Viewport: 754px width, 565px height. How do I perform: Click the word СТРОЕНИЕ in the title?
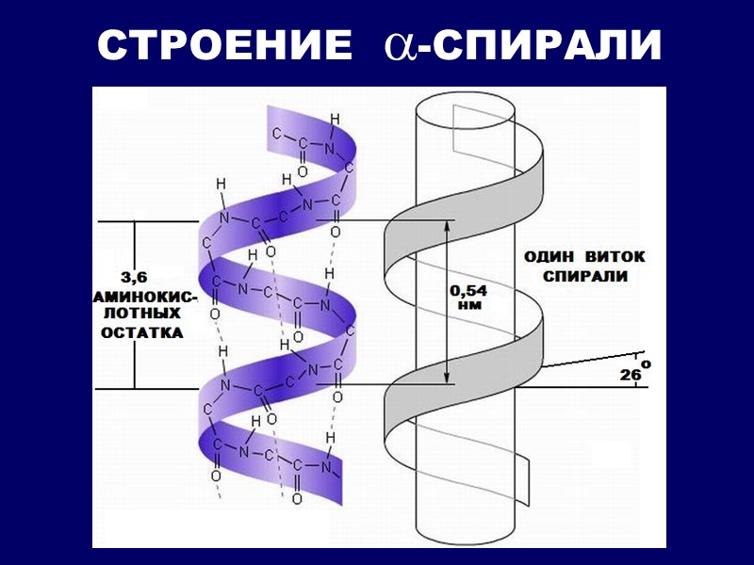(x=219, y=45)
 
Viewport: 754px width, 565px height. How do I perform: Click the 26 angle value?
(x=631, y=375)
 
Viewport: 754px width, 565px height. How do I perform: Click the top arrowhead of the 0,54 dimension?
(x=445, y=226)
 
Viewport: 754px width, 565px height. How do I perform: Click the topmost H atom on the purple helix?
(x=334, y=118)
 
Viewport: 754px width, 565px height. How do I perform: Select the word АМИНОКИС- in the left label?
(x=144, y=297)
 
